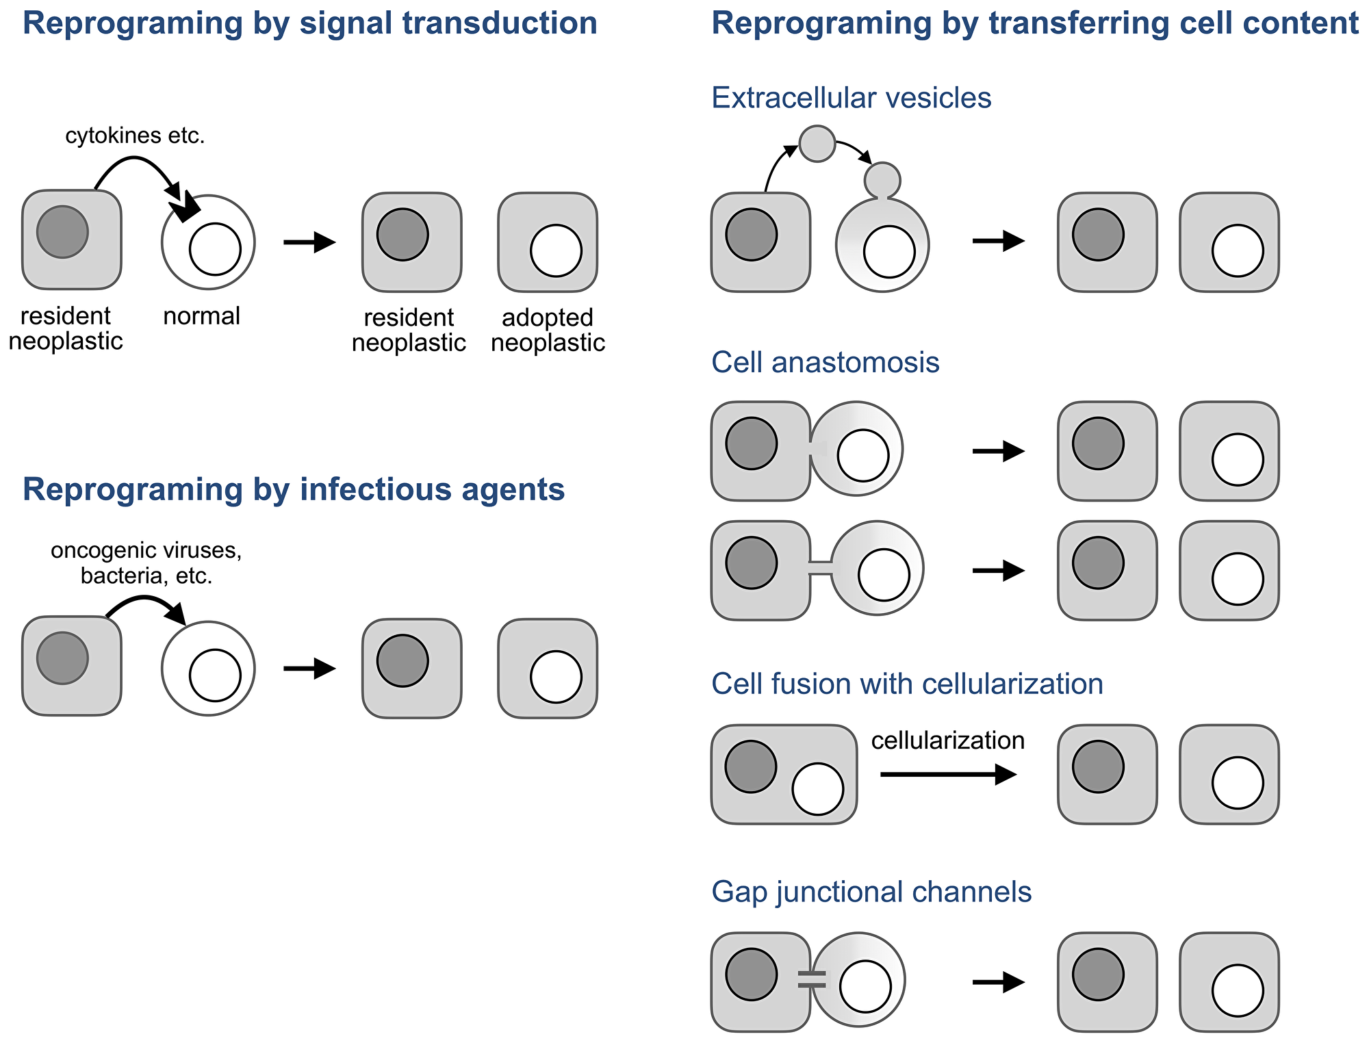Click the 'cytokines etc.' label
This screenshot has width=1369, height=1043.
pos(135,136)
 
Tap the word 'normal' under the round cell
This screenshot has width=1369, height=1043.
pos(201,316)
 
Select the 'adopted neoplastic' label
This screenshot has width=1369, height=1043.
pos(548,330)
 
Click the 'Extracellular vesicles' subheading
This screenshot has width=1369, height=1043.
pos(851,98)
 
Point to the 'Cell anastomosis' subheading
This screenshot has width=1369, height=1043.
pos(825,362)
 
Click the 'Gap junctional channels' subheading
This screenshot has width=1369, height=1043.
pos(871,892)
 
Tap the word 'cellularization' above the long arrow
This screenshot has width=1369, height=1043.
pos(947,740)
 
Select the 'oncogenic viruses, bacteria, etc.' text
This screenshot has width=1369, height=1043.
pos(146,563)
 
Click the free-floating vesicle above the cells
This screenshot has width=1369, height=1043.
pos(817,144)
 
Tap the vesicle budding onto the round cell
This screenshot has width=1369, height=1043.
pos(882,179)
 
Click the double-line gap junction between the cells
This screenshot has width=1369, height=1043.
pos(812,979)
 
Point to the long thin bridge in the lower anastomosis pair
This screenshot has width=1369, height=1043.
pos(821,568)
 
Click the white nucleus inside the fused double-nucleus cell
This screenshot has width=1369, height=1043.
pos(817,789)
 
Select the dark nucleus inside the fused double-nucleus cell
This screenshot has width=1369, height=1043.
pos(751,767)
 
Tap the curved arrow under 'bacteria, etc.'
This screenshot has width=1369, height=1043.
pos(147,603)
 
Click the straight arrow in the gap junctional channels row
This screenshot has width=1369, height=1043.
pos(998,982)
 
